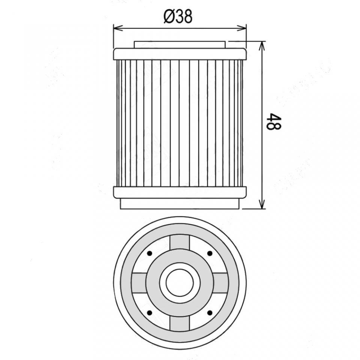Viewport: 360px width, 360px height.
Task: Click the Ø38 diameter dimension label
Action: click(x=178, y=17)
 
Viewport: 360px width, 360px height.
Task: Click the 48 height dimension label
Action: click(x=274, y=121)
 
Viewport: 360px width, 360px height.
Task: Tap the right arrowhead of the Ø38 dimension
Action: click(x=241, y=28)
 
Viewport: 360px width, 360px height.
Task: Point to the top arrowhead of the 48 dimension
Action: click(x=262, y=46)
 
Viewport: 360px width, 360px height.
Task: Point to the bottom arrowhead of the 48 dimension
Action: click(x=262, y=204)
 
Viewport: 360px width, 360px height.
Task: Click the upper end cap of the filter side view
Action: click(x=180, y=54)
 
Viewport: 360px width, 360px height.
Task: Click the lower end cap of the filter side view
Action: click(x=180, y=192)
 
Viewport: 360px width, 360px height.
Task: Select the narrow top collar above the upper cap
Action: click(x=180, y=45)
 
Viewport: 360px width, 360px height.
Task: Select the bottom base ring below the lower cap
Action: click(x=180, y=204)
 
